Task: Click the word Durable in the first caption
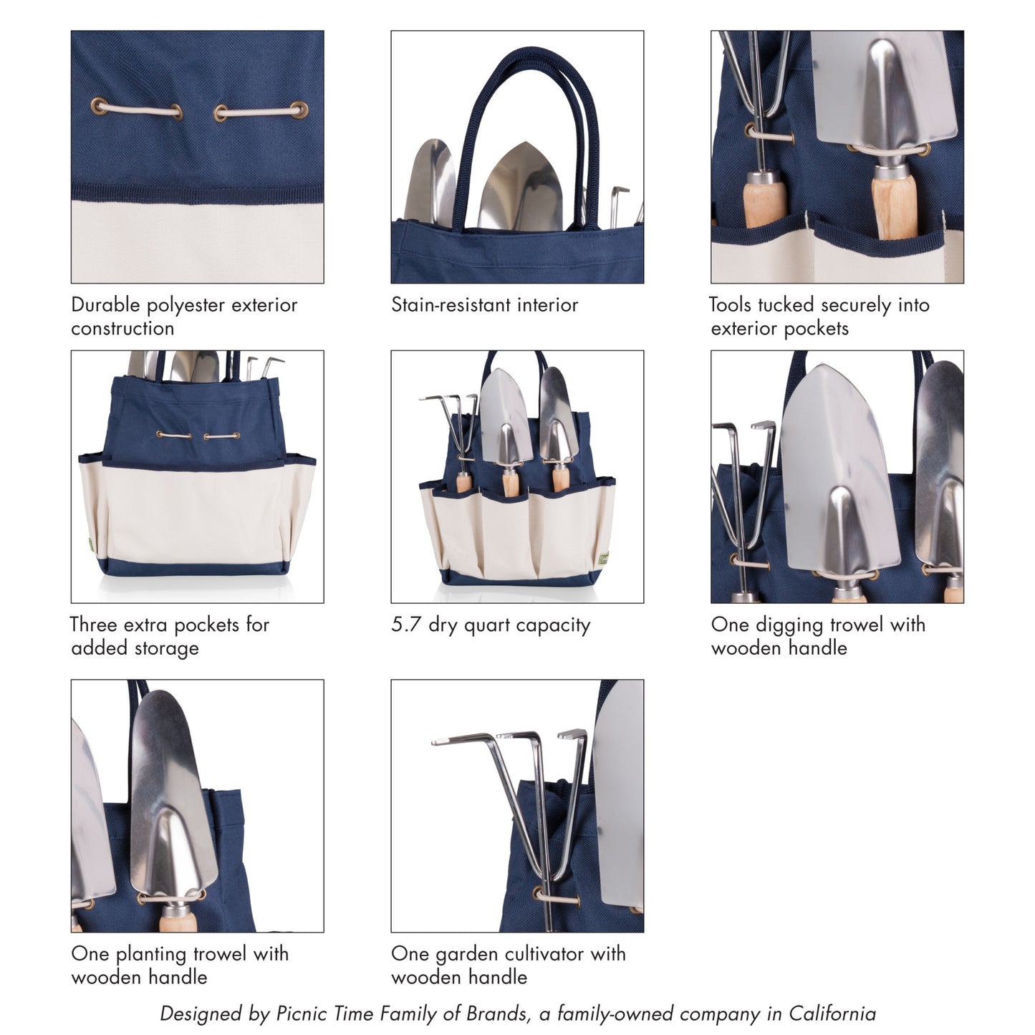pos(105,305)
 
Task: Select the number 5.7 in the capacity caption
pos(406,625)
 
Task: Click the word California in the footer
pos(832,1014)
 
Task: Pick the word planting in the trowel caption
pos(151,955)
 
